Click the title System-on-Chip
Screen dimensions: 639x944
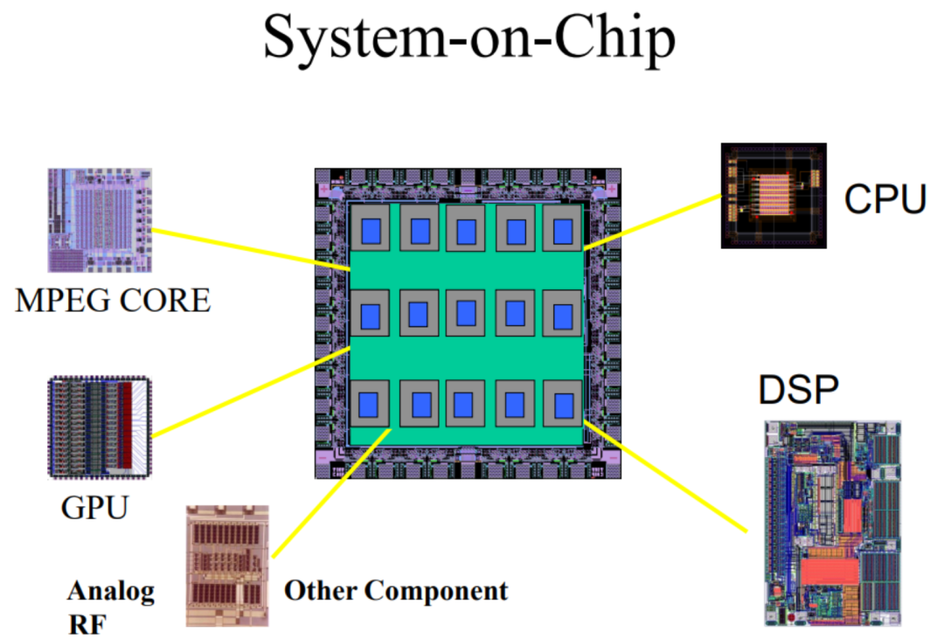[469, 39]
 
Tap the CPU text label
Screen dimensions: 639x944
[885, 199]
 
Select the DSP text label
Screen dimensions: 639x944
[797, 390]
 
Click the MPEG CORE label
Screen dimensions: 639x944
[113, 301]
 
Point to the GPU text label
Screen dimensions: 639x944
[94, 506]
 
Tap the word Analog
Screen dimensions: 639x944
[111, 591]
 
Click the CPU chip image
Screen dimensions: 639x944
[774, 195]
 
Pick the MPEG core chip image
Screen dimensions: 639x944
[99, 219]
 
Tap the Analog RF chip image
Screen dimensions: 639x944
[227, 566]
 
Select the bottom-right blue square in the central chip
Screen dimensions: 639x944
[563, 404]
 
